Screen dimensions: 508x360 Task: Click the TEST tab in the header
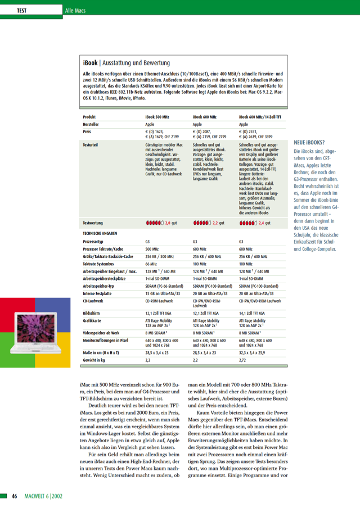tap(22, 11)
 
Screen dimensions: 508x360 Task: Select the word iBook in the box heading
tap(90, 63)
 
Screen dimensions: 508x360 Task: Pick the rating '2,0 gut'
tap(170, 223)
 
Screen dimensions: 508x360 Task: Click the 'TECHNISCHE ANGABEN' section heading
tap(100, 233)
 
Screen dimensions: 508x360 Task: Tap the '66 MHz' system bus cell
tap(151, 263)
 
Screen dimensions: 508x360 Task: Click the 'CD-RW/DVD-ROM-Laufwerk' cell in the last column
tap(260, 301)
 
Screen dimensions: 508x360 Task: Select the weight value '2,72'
tap(243, 359)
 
